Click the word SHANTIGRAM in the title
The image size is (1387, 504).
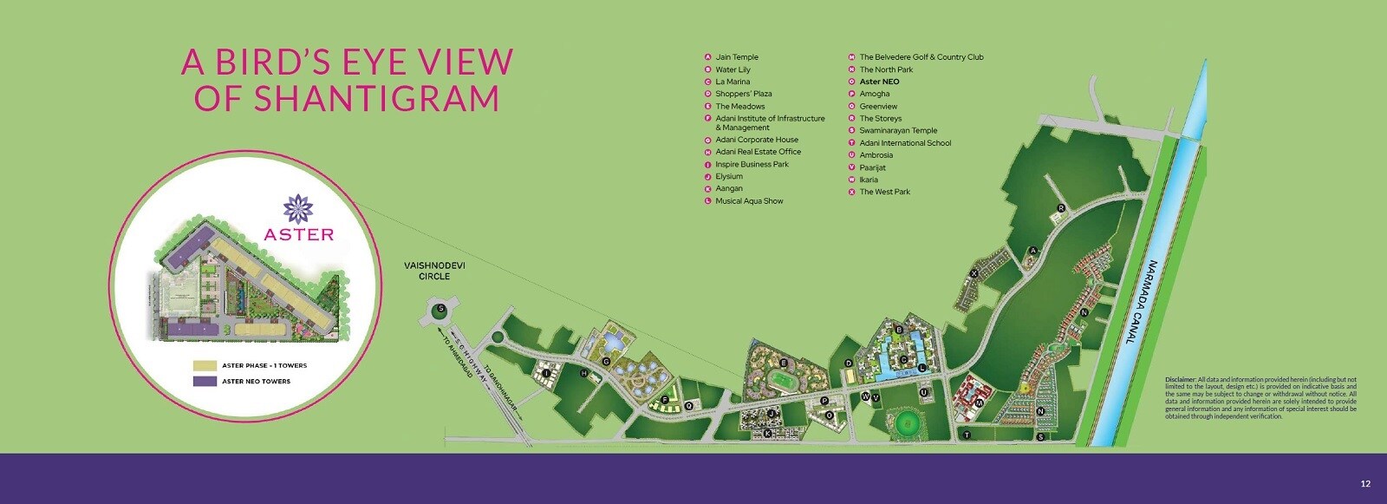click(347, 98)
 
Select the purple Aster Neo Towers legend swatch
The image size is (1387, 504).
click(205, 381)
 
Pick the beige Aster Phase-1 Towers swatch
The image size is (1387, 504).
click(205, 365)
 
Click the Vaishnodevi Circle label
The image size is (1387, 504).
click(434, 271)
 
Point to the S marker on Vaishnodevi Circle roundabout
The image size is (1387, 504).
click(441, 308)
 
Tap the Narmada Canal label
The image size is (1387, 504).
click(1141, 302)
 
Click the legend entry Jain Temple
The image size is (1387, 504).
click(736, 57)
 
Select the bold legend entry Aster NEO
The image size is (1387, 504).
click(879, 82)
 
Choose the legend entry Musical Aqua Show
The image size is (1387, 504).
click(749, 200)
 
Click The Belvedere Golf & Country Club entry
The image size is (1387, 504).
click(921, 57)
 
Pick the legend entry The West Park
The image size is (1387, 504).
click(884, 192)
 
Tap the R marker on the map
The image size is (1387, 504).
click(1061, 208)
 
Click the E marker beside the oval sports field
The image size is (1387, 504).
click(784, 363)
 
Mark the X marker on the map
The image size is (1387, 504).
click(974, 273)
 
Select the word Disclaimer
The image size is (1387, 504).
click(1180, 379)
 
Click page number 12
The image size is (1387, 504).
click(1365, 484)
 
